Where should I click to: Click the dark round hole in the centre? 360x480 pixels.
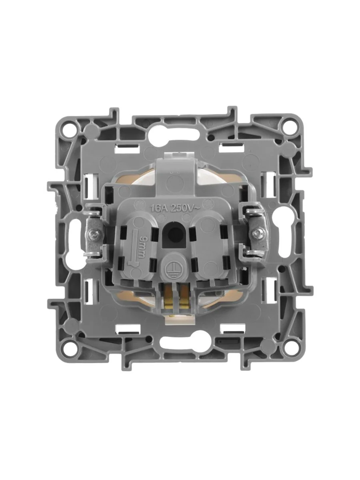click(x=174, y=233)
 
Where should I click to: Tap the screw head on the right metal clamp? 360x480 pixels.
click(x=256, y=234)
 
